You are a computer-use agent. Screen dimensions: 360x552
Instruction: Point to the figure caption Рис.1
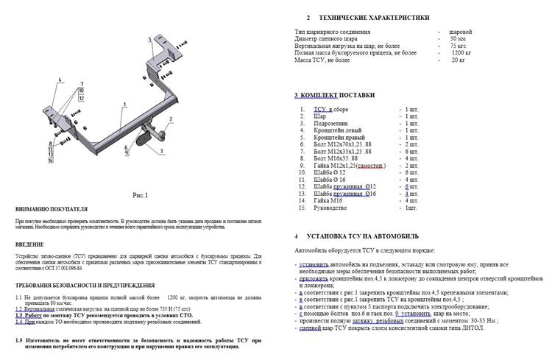[x=140, y=195]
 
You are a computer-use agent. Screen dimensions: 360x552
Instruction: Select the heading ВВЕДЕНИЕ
[x=29, y=244]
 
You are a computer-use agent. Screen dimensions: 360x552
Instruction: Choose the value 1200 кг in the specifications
[x=461, y=53]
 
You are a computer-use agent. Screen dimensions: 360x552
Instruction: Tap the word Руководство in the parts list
[x=335, y=208]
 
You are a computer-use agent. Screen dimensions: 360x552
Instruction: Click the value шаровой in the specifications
[x=460, y=32]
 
